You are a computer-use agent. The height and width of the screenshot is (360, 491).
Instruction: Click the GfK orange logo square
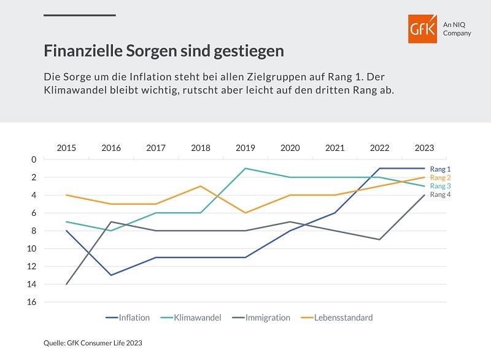coord(423,28)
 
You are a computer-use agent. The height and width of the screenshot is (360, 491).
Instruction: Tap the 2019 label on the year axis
coord(245,148)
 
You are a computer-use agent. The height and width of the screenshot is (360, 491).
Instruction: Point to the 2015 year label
coord(66,148)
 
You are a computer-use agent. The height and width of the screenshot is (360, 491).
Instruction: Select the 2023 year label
coord(424,148)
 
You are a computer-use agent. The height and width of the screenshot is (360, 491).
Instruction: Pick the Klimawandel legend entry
coord(195,318)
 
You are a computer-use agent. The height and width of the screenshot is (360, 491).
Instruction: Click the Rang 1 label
coord(441,169)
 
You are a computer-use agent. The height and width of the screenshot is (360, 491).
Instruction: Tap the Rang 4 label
coord(441,194)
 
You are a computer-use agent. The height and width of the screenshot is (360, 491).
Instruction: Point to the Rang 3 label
coord(441,186)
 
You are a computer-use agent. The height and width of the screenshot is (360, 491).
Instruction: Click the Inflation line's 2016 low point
coord(111,275)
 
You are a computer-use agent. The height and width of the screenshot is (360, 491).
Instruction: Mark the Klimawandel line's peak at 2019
coord(245,168)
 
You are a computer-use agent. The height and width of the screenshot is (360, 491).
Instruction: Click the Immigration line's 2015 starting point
coord(66,284)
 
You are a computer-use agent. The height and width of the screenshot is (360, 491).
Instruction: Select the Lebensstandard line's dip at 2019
coord(245,213)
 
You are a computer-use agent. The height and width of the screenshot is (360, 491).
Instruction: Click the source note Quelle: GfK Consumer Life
coord(93,343)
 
